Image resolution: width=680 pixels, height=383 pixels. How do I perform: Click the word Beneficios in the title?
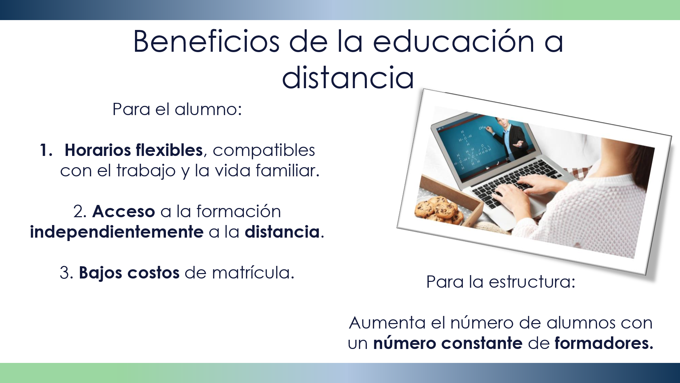tap(207, 41)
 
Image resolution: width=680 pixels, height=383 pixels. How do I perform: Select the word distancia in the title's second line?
tap(348, 78)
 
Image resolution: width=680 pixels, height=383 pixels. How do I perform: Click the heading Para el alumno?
tap(177, 109)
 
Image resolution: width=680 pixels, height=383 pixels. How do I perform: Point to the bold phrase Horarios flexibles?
tap(134, 150)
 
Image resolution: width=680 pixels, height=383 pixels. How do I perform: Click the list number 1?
tap(46, 150)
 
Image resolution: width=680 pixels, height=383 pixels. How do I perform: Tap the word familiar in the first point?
tap(287, 170)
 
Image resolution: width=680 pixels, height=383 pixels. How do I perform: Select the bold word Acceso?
tap(124, 211)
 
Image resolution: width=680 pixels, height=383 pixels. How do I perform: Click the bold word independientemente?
tap(117, 232)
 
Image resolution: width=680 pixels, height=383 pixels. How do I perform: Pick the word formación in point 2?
tap(239, 211)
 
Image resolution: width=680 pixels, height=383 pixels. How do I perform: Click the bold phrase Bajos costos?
tap(129, 273)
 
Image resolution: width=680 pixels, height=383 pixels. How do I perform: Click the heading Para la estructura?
tap(501, 282)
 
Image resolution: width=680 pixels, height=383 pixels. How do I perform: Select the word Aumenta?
tap(387, 323)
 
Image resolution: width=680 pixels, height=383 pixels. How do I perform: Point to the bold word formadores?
tap(604, 343)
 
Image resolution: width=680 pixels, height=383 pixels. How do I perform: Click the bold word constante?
tap(482, 343)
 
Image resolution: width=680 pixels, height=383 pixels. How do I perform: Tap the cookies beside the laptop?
tap(439, 210)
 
